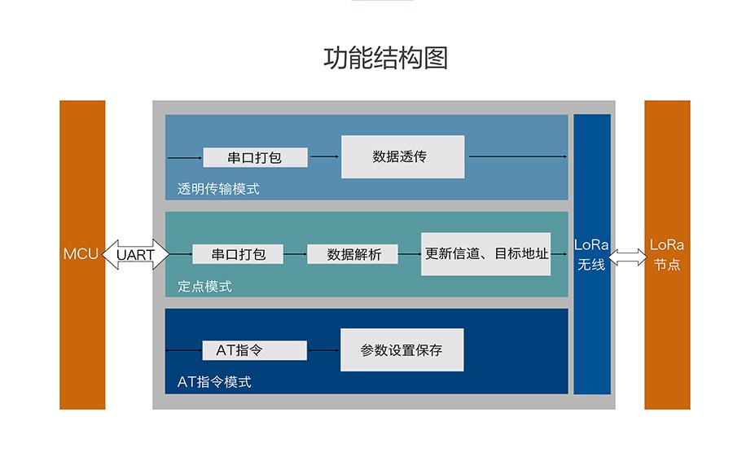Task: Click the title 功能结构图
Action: (x=386, y=58)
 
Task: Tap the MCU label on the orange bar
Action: (x=81, y=254)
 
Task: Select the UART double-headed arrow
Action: (x=135, y=254)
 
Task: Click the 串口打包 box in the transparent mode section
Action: (x=255, y=157)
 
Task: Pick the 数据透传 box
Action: (x=403, y=156)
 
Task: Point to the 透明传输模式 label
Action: (x=218, y=189)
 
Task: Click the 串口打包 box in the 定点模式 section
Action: (x=238, y=254)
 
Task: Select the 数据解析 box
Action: (x=353, y=254)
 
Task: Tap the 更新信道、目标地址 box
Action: (x=485, y=254)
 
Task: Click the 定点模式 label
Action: (x=204, y=286)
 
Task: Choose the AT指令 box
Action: (x=255, y=350)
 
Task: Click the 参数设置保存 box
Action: (x=402, y=349)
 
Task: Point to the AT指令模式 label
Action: (x=214, y=382)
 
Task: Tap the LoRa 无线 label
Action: (x=591, y=255)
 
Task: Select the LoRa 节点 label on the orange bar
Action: (x=667, y=255)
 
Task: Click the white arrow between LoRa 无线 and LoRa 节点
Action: (x=628, y=257)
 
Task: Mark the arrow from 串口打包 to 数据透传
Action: (x=324, y=156)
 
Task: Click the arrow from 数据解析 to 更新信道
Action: (x=410, y=254)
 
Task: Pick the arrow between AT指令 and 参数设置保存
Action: (x=323, y=350)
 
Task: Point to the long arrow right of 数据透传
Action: (x=518, y=156)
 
